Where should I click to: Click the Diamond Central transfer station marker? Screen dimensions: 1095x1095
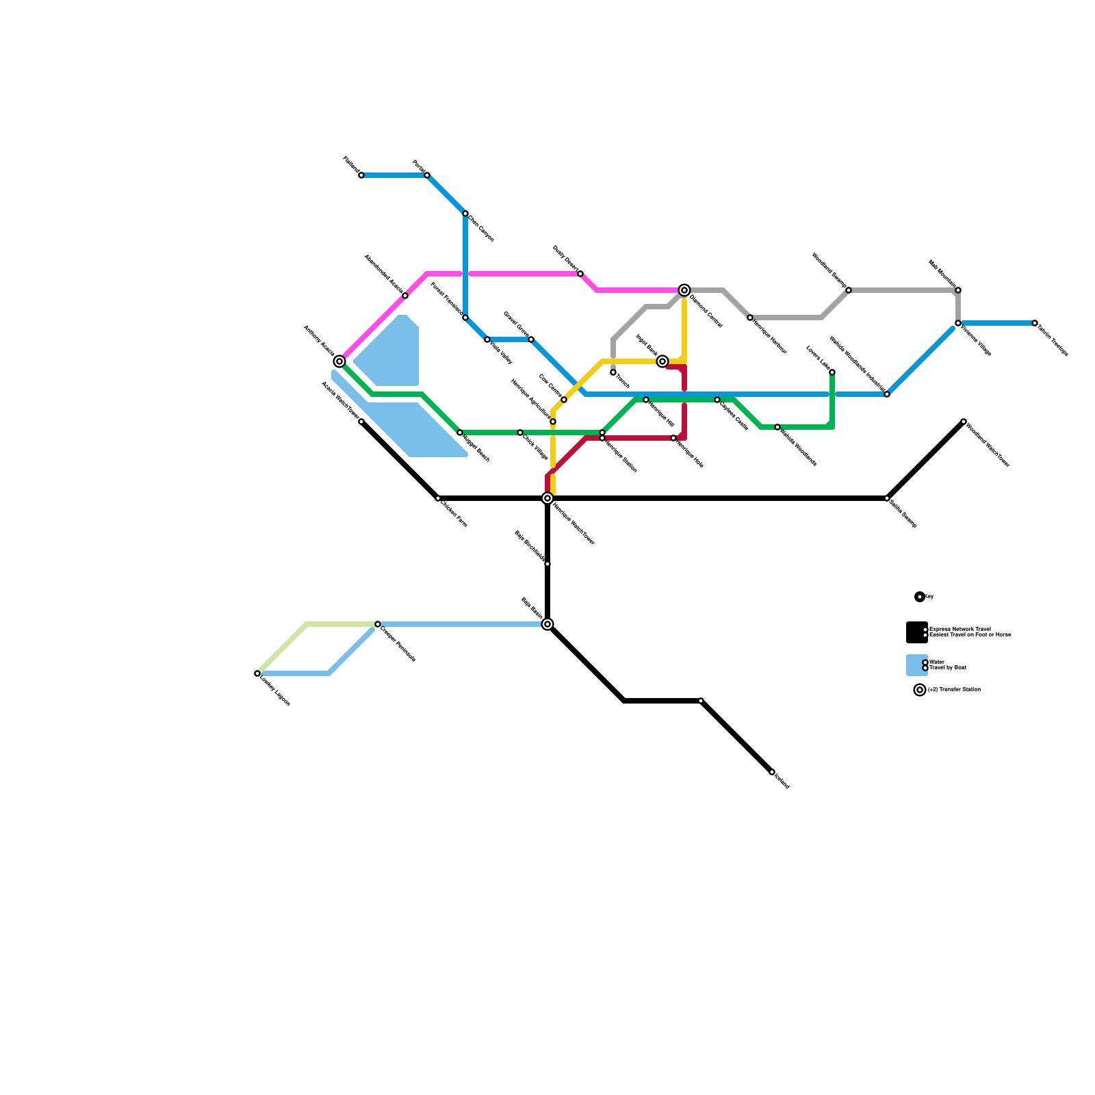tap(684, 290)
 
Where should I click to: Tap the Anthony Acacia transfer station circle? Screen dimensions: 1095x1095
tap(339, 361)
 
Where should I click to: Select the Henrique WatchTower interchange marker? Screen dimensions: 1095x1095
tap(547, 498)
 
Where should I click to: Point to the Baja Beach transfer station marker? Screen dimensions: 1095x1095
tap(547, 624)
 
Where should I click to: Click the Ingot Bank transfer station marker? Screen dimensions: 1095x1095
tap(662, 361)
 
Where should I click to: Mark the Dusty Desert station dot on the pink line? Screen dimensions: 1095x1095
tap(580, 274)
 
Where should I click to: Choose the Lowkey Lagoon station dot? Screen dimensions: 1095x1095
tap(257, 673)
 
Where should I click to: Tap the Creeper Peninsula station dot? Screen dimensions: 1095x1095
tap(378, 624)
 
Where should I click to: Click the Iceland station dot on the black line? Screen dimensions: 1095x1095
tap(772, 772)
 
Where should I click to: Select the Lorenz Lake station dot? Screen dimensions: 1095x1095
tap(832, 372)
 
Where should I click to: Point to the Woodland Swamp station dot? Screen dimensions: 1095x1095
tap(849, 290)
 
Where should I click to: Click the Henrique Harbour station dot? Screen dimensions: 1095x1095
tap(750, 318)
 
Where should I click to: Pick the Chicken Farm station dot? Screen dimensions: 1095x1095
tap(438, 498)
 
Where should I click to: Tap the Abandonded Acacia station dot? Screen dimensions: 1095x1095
tap(405, 296)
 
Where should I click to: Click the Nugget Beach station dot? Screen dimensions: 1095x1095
tap(460, 433)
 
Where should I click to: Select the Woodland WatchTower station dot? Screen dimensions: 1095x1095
tap(964, 422)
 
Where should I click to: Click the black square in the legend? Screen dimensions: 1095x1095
tap(916, 632)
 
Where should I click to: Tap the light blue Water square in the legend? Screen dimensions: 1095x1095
tap(916, 665)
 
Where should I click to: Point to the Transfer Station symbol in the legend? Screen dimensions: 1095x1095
tap(920, 690)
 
